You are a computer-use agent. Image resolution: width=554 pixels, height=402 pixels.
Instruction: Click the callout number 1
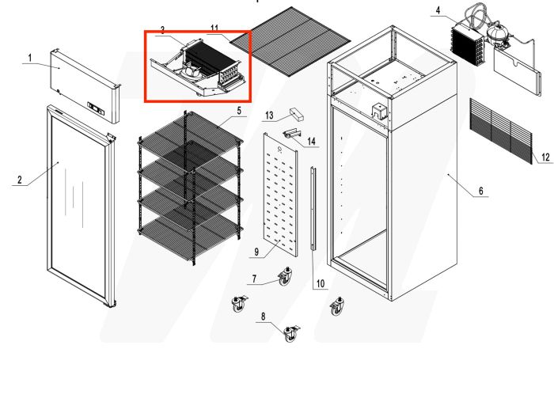pos(29,59)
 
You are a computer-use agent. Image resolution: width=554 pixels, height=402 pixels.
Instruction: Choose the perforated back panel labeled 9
pos(283,194)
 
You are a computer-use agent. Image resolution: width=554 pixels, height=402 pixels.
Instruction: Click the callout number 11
pos(214,28)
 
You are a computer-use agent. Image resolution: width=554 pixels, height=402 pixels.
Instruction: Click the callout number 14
pos(312,142)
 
